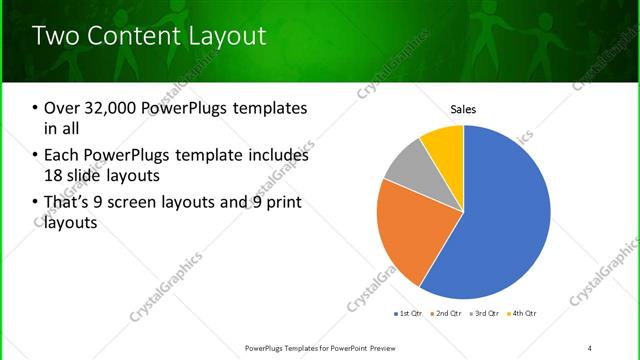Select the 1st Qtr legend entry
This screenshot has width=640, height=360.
[408, 314]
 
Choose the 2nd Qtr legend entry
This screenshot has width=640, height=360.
[444, 314]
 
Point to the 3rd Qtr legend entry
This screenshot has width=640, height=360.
[482, 314]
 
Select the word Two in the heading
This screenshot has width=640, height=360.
[56, 37]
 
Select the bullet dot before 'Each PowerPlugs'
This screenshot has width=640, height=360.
[36, 156]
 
